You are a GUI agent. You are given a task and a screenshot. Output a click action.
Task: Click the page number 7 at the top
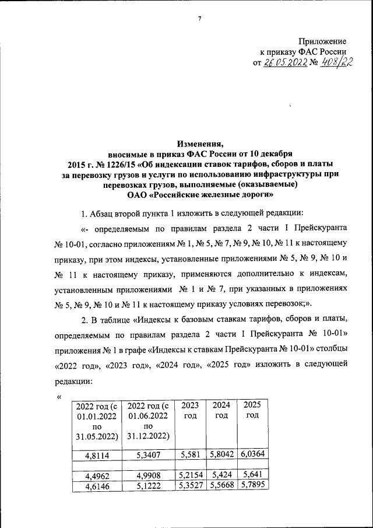[x=199, y=18]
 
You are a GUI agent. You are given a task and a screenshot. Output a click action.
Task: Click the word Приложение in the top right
[x=322, y=41]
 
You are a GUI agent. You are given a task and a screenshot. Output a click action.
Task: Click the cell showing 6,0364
[x=252, y=454]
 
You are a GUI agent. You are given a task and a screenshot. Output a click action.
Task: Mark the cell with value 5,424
[x=221, y=475]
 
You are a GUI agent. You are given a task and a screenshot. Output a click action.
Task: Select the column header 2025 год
[x=252, y=410]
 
